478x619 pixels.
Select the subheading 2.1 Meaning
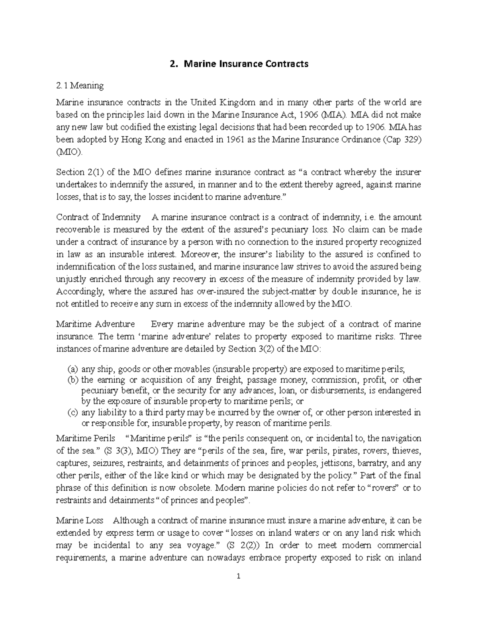click(80, 85)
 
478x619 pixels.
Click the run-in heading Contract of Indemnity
click(98, 217)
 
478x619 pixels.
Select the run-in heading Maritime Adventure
click(96, 324)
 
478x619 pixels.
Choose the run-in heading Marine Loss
click(80, 521)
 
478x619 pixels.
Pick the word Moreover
click(198, 254)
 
